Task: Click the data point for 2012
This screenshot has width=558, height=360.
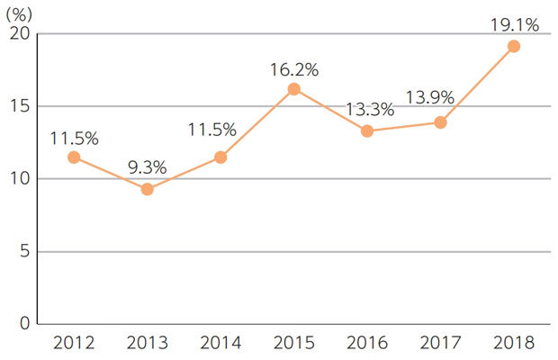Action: [x=74, y=157]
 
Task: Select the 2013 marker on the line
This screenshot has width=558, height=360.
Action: [x=147, y=189]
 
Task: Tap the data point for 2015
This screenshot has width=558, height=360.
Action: [x=293, y=89]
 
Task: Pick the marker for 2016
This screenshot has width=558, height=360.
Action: [x=367, y=131]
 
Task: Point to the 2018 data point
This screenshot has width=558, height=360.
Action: [x=514, y=47]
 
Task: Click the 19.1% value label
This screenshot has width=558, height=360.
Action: [x=514, y=25]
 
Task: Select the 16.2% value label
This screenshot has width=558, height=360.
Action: [x=294, y=67]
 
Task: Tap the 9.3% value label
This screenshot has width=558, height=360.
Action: [x=148, y=167]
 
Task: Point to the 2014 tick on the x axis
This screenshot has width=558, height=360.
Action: [x=220, y=343]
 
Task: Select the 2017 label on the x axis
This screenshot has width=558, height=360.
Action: [x=440, y=343]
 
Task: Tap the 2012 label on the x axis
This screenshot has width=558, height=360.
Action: [x=74, y=343]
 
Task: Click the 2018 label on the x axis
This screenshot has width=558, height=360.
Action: [x=514, y=343]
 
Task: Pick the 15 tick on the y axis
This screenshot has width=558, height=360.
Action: [x=20, y=106]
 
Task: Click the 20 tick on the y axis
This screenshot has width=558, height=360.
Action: [x=20, y=34]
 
